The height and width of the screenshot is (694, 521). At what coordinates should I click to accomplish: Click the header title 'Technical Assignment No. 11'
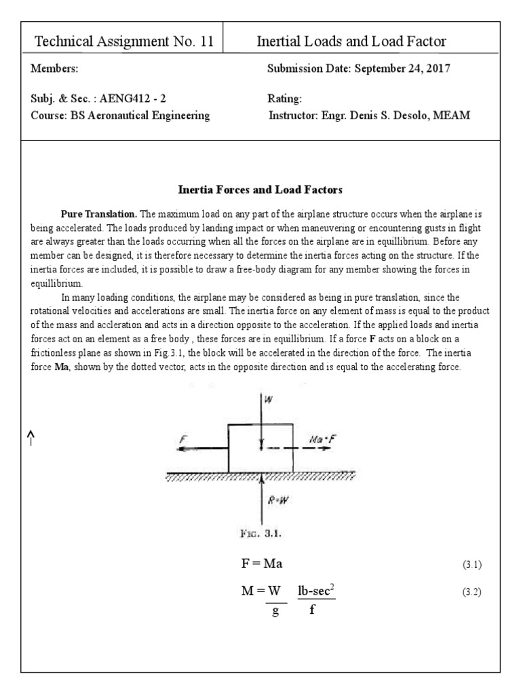click(x=123, y=42)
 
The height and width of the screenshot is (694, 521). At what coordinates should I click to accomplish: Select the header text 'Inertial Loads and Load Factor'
click(x=351, y=42)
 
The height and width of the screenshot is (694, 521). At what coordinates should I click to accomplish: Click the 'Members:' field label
click(x=54, y=69)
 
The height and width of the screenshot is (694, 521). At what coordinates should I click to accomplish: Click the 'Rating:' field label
click(x=285, y=99)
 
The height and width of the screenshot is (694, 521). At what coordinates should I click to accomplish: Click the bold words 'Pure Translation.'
click(x=99, y=213)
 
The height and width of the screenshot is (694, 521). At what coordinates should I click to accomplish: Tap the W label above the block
click(x=269, y=401)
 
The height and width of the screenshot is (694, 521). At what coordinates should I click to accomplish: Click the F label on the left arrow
click(x=183, y=439)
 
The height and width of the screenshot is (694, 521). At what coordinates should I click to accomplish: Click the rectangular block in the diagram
click(x=260, y=448)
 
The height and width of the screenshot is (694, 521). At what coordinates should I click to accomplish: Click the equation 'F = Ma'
click(x=262, y=565)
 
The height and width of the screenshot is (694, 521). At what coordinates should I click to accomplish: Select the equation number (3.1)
click(x=471, y=565)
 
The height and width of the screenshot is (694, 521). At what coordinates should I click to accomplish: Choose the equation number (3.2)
click(x=471, y=592)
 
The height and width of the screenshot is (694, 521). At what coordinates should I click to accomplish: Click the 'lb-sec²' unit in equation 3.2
click(x=317, y=591)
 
